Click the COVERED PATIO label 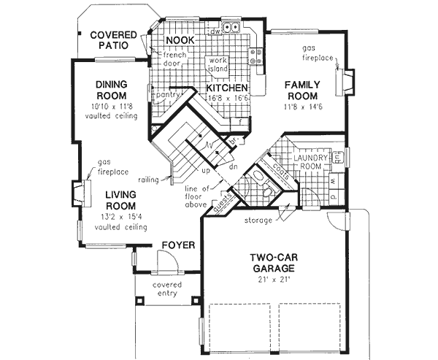(x=110, y=39)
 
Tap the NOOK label (x=179, y=39)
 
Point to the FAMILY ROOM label (x=301, y=90)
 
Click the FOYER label (x=177, y=245)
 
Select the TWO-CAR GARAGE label (x=272, y=263)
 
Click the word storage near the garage (x=258, y=220)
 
